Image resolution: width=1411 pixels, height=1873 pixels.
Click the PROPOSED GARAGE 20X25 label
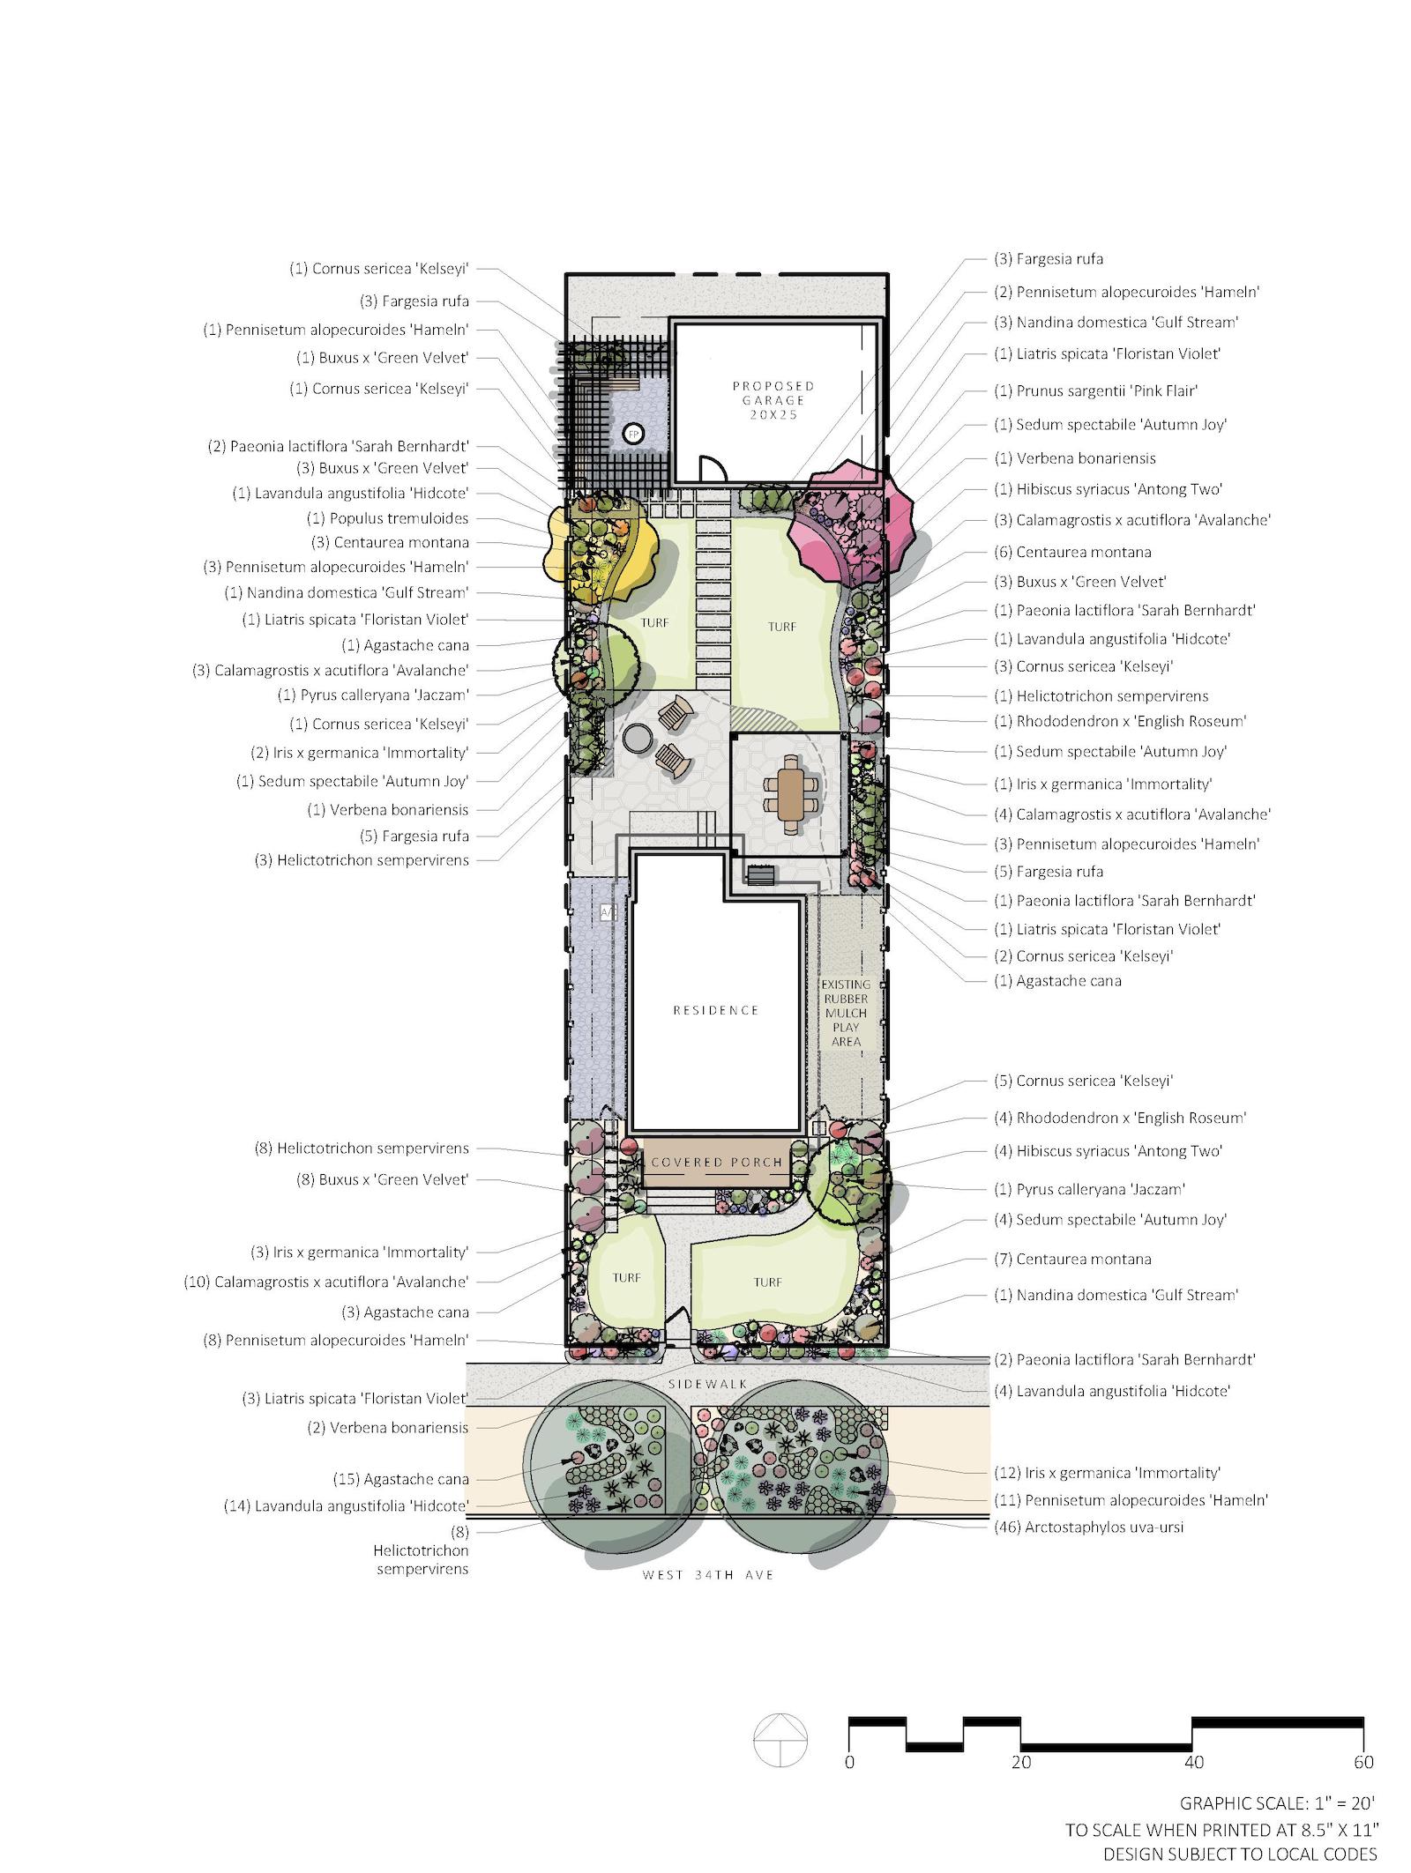773,399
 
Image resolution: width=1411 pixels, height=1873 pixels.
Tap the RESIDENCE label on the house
715,1010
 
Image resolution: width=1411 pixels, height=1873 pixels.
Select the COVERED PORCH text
716,1162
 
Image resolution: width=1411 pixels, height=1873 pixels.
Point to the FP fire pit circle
631,434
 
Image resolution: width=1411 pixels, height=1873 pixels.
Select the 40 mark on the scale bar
1192,1762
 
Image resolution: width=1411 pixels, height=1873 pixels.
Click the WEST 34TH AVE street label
708,1574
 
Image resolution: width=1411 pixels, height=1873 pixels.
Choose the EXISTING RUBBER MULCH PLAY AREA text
845,1013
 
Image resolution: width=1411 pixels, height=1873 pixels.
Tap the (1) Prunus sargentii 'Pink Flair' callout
1109,390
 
